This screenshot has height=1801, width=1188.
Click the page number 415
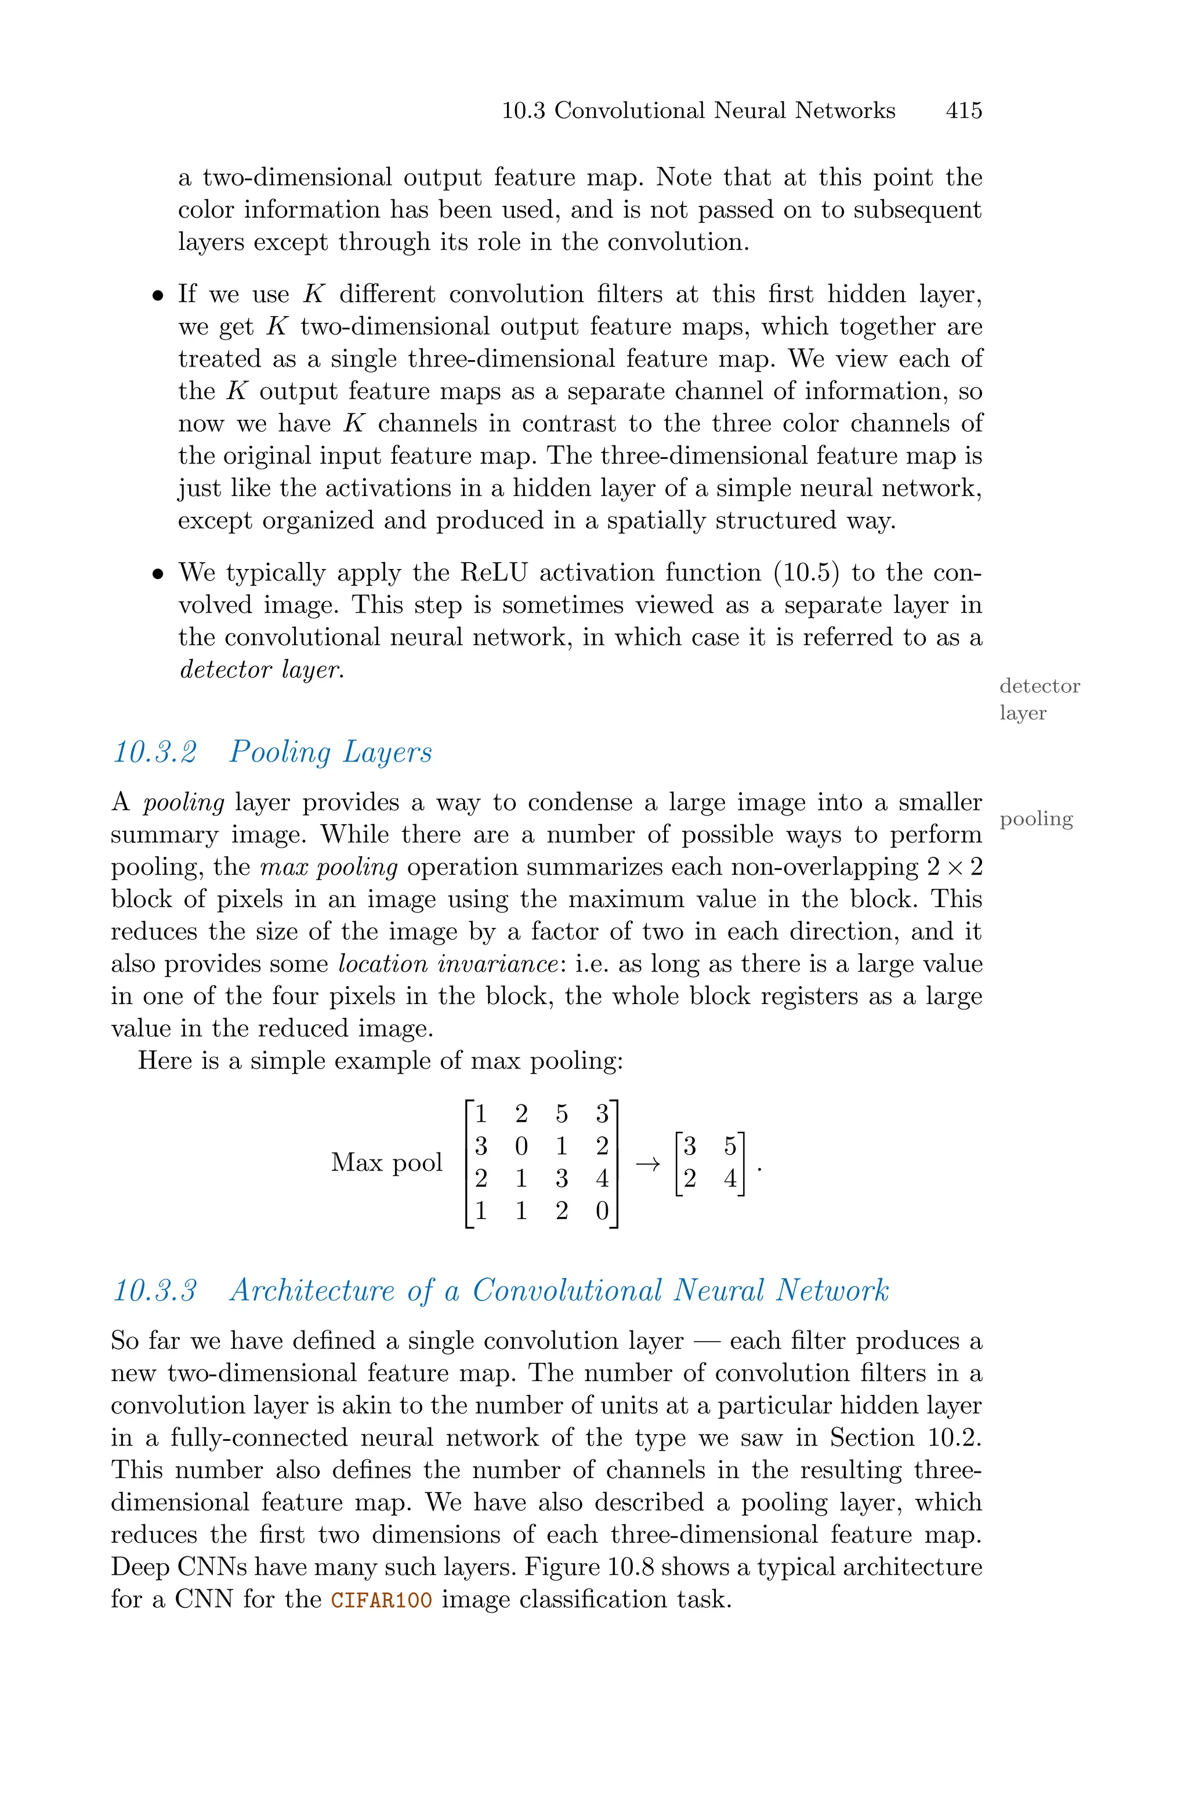(x=963, y=111)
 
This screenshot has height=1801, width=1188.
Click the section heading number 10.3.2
(x=154, y=752)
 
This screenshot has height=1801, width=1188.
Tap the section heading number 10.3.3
(x=154, y=1291)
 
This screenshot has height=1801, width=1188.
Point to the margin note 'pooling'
(x=1035, y=818)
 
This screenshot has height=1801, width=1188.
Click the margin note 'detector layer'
(x=1039, y=699)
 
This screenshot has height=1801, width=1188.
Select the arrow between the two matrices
(x=646, y=1164)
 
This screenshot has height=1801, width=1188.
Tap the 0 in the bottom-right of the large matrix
(x=602, y=1211)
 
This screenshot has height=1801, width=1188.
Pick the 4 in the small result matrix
(x=730, y=1179)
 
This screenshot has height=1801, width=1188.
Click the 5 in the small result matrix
(x=730, y=1147)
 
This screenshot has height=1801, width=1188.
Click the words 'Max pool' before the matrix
(x=386, y=1162)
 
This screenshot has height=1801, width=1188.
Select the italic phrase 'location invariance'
(x=448, y=964)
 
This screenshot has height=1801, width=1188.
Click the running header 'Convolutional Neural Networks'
(x=725, y=111)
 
